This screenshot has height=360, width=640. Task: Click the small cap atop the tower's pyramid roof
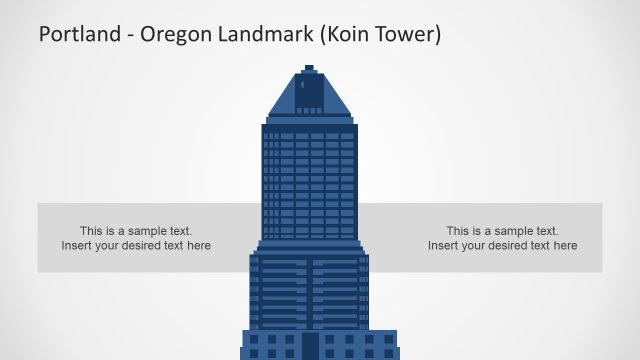click(309, 68)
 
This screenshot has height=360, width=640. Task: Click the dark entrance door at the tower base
click(310, 346)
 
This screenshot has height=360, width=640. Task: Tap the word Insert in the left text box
click(77, 246)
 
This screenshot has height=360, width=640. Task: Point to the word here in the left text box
click(198, 246)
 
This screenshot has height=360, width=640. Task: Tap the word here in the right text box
click(564, 246)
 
